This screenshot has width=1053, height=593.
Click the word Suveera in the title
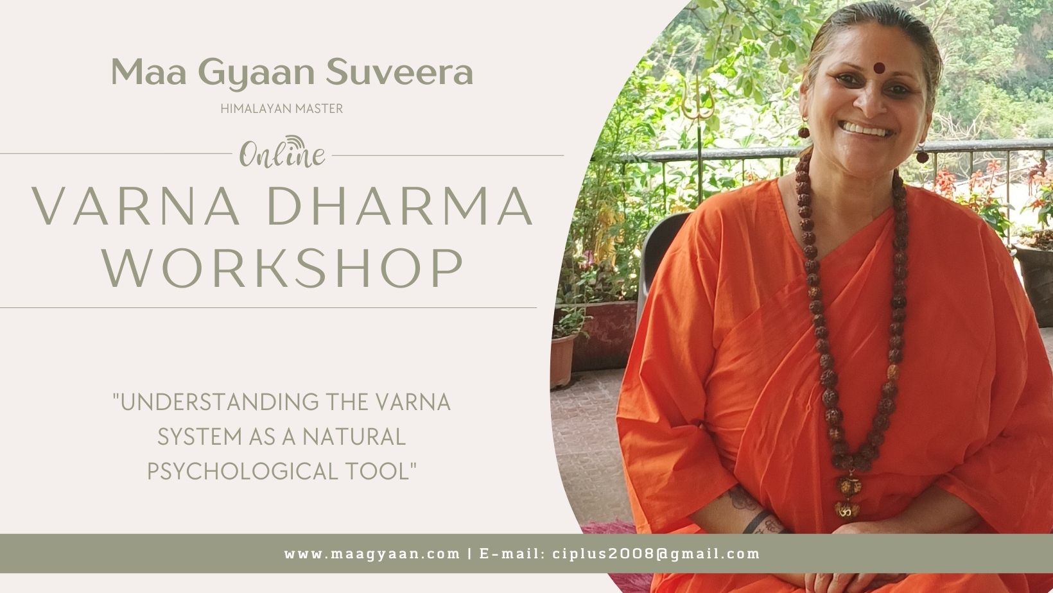(x=399, y=72)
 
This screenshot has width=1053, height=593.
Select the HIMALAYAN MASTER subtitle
(x=281, y=108)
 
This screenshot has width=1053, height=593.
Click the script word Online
(x=283, y=155)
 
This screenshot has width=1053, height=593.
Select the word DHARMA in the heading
(x=399, y=207)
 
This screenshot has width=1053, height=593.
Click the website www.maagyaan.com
(x=372, y=553)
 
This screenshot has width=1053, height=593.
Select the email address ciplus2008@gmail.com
(x=656, y=553)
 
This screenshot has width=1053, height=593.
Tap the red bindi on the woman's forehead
(x=878, y=67)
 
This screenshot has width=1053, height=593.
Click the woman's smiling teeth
(x=866, y=129)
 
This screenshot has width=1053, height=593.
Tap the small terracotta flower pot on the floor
(x=562, y=359)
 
